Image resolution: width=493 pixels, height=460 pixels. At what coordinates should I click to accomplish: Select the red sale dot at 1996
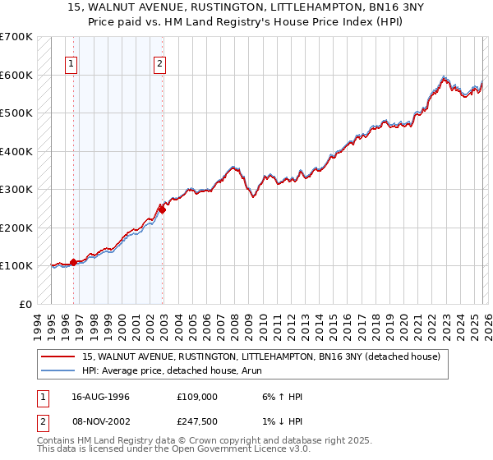[x=74, y=262]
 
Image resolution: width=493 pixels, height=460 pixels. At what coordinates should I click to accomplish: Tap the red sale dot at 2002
[x=163, y=209]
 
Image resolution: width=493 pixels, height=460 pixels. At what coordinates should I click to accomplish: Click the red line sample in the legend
[x=58, y=356]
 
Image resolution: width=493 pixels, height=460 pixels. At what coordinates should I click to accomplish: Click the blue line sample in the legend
[x=58, y=370]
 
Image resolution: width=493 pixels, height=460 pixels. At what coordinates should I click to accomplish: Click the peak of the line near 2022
[x=443, y=76]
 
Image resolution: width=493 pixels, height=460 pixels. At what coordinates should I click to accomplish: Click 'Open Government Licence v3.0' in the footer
[x=239, y=450]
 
